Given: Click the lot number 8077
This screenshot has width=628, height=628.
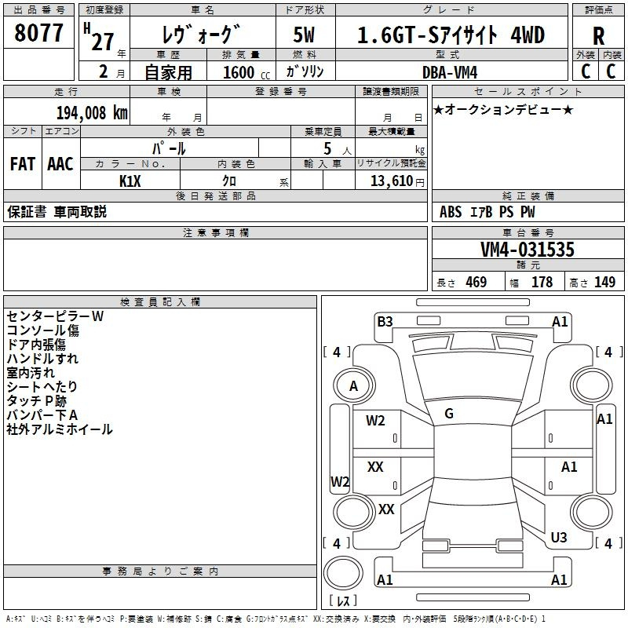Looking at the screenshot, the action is click(x=38, y=33).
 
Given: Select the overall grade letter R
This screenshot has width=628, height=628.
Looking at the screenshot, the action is click(x=598, y=36).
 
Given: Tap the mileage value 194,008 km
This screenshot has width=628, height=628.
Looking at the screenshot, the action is click(x=92, y=112).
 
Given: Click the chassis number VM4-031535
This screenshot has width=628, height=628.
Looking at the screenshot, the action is click(x=527, y=249).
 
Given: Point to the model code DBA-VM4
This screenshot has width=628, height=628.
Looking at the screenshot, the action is click(x=450, y=72).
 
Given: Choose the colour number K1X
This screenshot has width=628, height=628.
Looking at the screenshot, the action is click(x=130, y=181).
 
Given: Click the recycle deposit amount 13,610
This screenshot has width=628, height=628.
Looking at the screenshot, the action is click(x=391, y=181).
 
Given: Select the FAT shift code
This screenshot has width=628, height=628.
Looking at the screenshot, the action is click(x=23, y=164).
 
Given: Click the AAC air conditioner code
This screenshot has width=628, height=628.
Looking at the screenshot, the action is click(x=60, y=164).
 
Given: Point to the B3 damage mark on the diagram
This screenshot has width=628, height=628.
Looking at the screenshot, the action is click(x=385, y=322).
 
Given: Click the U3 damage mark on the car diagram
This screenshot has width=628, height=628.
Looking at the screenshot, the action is click(x=559, y=537).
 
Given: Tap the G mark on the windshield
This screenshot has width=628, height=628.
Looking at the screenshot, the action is click(x=449, y=414).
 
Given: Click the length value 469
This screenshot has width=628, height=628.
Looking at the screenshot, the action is click(x=476, y=282).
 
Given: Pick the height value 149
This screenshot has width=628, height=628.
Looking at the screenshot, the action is click(x=604, y=282).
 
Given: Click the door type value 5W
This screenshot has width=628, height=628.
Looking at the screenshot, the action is click(x=304, y=35).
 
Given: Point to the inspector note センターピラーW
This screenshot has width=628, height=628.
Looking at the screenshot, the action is click(x=55, y=316).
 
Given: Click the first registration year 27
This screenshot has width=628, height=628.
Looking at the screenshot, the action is click(x=103, y=42).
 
